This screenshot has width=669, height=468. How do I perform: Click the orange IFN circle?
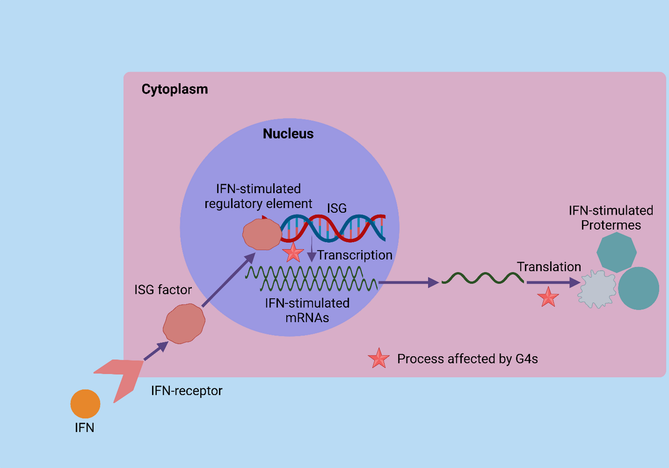(x=85, y=404)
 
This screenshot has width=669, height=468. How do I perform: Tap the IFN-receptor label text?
(x=186, y=391)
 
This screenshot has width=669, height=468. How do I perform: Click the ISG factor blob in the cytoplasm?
(x=184, y=323)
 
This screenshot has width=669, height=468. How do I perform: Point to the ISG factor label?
(x=163, y=289)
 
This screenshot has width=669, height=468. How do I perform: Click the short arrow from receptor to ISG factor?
(x=156, y=351)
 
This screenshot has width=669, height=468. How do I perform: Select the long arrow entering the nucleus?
(x=228, y=280)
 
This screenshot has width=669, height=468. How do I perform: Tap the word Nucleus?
(x=288, y=134)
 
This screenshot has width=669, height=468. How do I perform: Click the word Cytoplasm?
(x=175, y=89)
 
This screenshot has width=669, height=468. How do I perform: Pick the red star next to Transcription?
(x=293, y=253)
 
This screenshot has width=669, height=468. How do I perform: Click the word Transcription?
(x=355, y=255)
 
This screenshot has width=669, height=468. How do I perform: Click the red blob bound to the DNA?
(x=262, y=234)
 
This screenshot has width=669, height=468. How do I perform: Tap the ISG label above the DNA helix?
(x=337, y=208)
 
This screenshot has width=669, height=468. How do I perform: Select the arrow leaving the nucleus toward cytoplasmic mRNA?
(x=408, y=282)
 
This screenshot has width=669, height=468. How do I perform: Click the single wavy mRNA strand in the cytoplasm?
(x=483, y=278)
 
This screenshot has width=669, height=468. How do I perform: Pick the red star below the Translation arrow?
(x=548, y=297)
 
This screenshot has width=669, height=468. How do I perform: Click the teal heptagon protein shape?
(x=616, y=252)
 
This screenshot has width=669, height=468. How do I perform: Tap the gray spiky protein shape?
(x=597, y=289)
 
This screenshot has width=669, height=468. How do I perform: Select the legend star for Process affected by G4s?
(x=378, y=358)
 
